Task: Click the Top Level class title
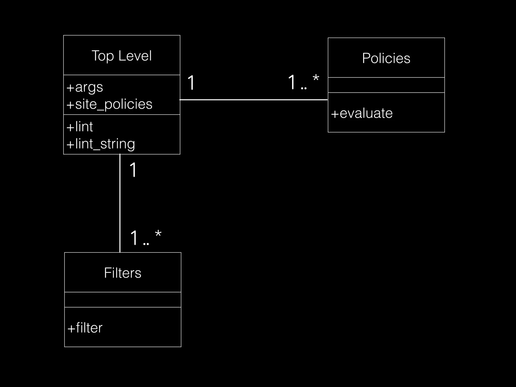(122, 56)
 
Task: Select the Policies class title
(386, 58)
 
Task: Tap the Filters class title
(123, 273)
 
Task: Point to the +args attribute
(85, 87)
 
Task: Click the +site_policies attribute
(109, 104)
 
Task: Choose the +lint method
(80, 126)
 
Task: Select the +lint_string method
(101, 144)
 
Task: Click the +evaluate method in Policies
(362, 113)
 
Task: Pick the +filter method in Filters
(85, 328)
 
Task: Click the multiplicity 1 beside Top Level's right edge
(191, 82)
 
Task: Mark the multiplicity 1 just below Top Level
(133, 170)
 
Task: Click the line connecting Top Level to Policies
(253, 100)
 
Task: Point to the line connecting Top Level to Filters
(120, 203)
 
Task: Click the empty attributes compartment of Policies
(386, 85)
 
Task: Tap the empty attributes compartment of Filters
(123, 300)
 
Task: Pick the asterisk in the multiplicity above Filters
(158, 234)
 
